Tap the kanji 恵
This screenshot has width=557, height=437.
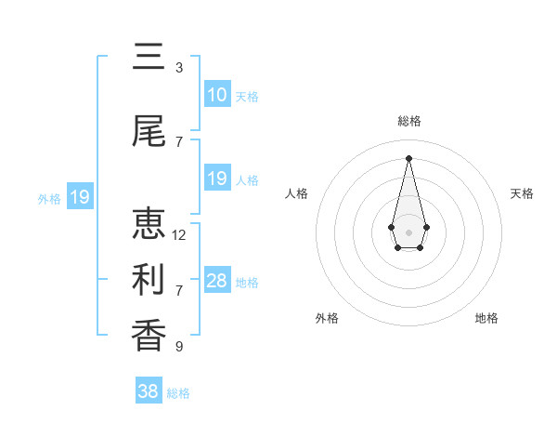[149, 224]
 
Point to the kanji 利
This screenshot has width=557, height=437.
[149, 278]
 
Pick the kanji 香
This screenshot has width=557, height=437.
[149, 334]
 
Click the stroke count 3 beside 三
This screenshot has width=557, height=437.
[179, 68]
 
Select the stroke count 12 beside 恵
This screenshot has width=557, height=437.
[179, 235]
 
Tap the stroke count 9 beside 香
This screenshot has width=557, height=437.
[179, 347]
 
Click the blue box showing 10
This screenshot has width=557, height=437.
[216, 95]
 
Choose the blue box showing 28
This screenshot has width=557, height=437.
[216, 281]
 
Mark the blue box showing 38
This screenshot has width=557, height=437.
[149, 391]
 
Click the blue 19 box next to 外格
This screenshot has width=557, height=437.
[79, 197]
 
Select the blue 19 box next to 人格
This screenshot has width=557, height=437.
[216, 179]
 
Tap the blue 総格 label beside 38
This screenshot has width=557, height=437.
[178, 393]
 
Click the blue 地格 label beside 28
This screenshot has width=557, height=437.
[247, 283]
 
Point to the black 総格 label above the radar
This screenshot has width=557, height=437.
[408, 121]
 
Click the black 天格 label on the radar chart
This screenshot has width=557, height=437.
[522, 193]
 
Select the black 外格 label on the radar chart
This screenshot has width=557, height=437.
[327, 318]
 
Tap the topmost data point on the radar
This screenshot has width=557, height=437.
[408, 157]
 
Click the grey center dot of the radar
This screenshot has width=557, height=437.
[408, 232]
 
